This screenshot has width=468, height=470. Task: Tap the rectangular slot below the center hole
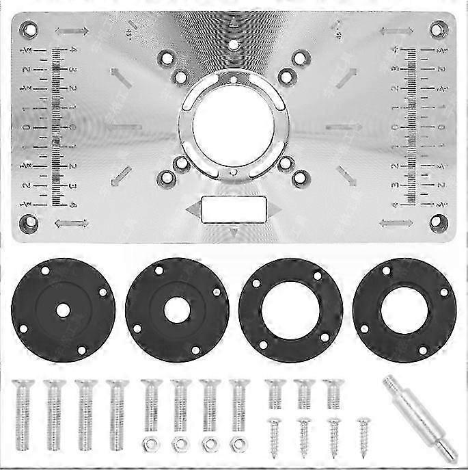click(x=233, y=209)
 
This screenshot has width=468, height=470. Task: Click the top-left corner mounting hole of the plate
click(x=29, y=29)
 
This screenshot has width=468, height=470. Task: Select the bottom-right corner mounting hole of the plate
click(x=439, y=222)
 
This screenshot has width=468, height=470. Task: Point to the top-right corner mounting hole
click(x=439, y=29)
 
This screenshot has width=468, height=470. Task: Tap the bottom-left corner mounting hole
click(x=29, y=222)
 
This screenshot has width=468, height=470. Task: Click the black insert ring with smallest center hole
click(x=63, y=310)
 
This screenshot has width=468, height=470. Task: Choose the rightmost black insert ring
click(x=404, y=310)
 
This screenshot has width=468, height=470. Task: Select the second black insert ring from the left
click(x=177, y=310)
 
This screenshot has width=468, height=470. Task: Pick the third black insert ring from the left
click(x=290, y=310)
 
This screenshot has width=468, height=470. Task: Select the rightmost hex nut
click(x=238, y=444)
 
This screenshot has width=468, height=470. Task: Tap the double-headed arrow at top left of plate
click(x=72, y=31)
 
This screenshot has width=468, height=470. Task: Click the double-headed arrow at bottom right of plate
click(x=396, y=223)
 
